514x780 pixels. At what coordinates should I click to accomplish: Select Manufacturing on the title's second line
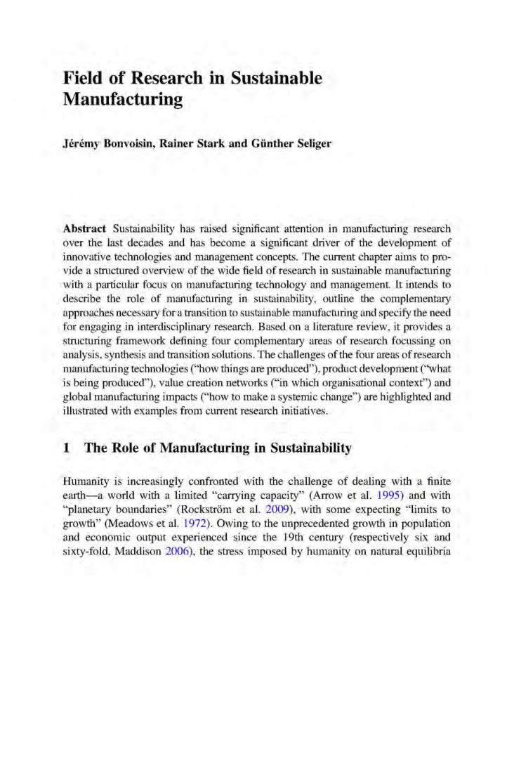[123, 100]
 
